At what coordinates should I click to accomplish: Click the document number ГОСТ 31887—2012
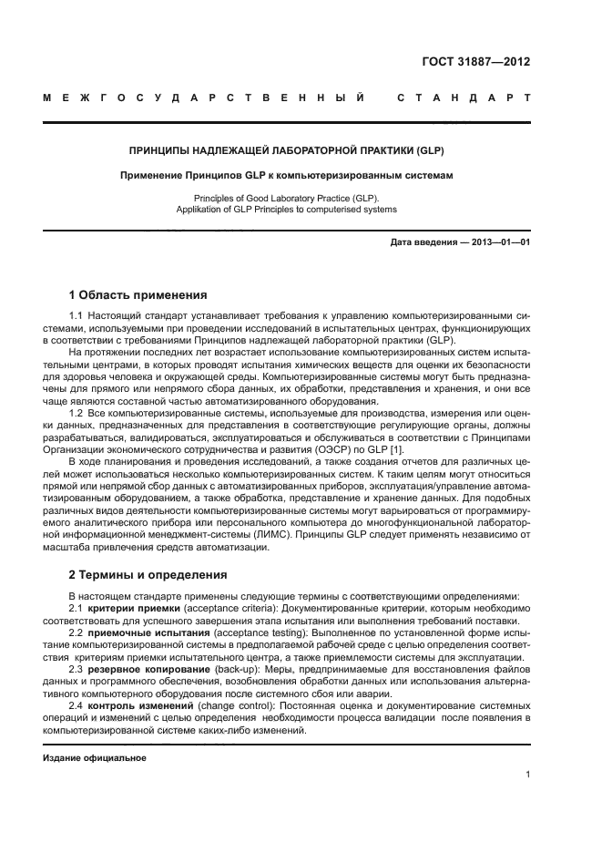click(476, 63)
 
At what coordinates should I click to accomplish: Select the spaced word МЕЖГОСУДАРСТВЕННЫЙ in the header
click(204, 98)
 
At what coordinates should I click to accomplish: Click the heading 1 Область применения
click(138, 294)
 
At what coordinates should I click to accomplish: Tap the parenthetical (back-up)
click(234, 666)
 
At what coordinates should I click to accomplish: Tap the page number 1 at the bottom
click(527, 775)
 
